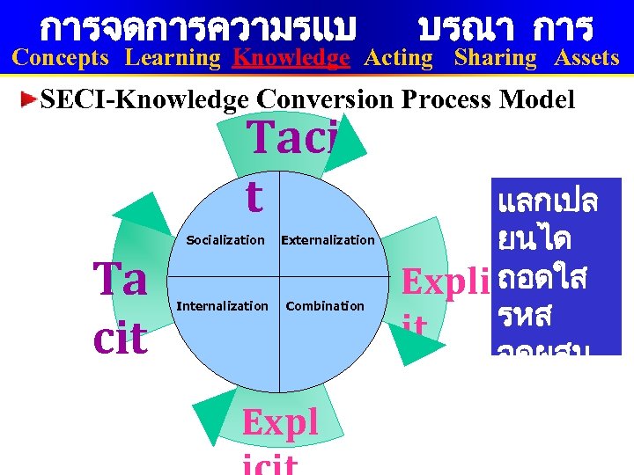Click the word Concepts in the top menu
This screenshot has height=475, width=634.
coord(61,59)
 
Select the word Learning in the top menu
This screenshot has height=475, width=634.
coord(173,59)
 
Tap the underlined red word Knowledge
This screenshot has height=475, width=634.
coord(291,59)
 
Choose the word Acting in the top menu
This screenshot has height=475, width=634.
coord(399,59)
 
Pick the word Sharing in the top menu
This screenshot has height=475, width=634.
coord(495,59)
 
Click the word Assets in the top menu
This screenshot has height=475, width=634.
coord(586,59)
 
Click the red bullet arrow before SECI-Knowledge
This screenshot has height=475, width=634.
coord(31,99)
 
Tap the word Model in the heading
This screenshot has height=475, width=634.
coord(537,99)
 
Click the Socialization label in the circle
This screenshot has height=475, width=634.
coord(225,240)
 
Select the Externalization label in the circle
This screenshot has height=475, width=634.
coord(328,240)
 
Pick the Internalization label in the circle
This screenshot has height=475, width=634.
coord(223,306)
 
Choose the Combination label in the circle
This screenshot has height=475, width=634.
coord(325,306)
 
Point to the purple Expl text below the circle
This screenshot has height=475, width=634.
coord(281,423)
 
